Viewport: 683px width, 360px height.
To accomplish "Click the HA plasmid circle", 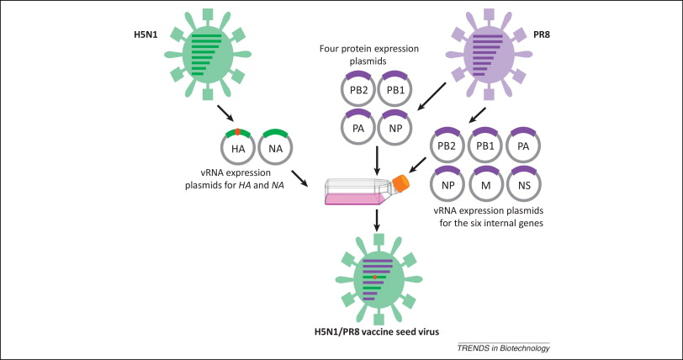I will [x=238, y=148].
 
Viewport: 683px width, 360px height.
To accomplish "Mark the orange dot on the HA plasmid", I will [x=238, y=131].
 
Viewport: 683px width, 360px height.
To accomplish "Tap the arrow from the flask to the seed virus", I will [x=379, y=221].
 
